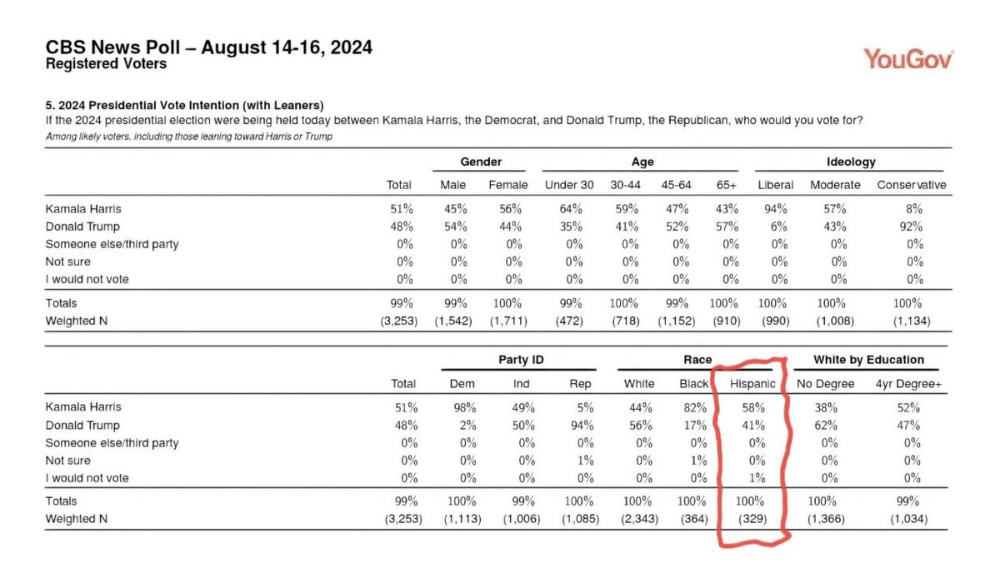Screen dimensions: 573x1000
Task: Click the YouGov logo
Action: (908, 59)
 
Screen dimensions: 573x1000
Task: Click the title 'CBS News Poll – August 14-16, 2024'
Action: (208, 47)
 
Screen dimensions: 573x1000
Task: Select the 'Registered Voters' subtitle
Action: (106, 64)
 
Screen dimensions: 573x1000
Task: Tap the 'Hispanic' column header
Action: (752, 384)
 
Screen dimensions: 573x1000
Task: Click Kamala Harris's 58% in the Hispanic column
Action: (752, 407)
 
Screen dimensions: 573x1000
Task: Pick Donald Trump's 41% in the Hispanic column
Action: (752, 425)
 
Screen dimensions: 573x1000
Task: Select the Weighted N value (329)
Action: (752, 519)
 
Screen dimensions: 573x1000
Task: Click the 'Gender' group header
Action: (481, 162)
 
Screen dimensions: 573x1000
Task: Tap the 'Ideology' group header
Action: (851, 162)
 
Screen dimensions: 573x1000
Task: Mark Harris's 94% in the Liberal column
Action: (775, 209)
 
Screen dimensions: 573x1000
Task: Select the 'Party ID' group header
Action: (517, 360)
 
